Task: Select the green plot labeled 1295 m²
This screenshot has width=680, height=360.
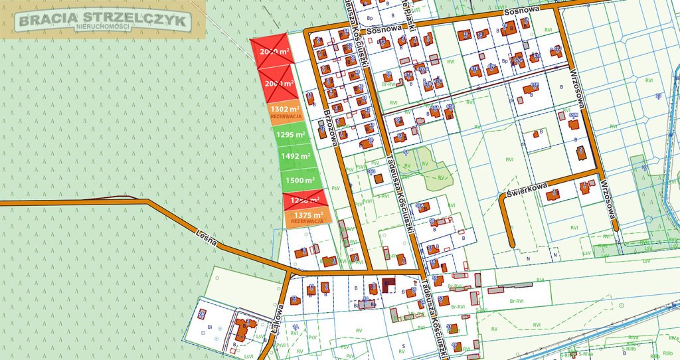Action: click(290, 134)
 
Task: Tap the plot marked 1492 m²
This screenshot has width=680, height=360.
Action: click(296, 156)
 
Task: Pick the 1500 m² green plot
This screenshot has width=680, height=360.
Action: click(299, 180)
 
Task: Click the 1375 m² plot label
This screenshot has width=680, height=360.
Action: click(307, 215)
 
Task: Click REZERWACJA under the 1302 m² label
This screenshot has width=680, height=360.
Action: click(286, 116)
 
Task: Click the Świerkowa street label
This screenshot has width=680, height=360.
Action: click(526, 191)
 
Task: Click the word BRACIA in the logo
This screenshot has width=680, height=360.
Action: click(46, 21)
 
